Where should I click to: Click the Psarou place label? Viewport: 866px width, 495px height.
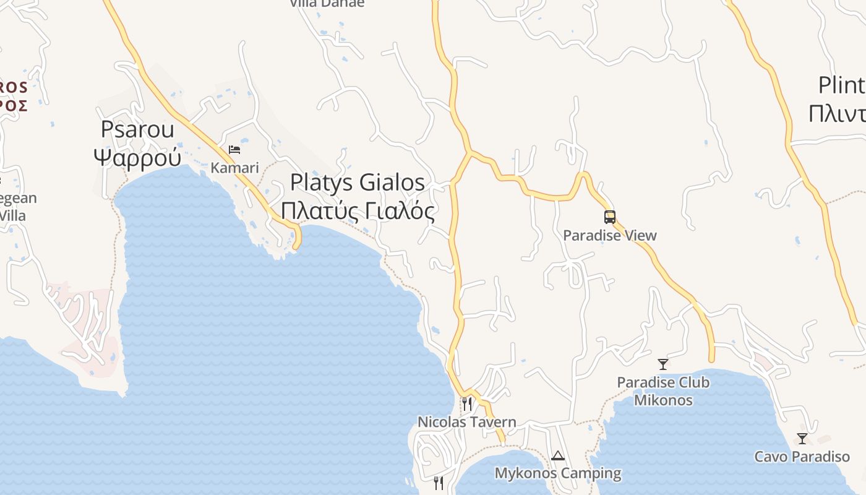137,130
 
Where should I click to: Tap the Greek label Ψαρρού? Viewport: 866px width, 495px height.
137,157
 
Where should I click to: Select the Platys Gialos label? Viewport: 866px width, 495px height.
358,183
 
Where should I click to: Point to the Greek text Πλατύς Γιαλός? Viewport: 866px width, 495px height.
358,211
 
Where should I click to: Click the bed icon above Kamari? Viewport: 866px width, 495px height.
234,150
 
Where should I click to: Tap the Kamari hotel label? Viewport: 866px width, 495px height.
234,168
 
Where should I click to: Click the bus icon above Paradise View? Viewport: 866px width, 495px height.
610,217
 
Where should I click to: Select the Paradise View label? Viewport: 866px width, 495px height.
610,235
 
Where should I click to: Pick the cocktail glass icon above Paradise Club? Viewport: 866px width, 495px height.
663,364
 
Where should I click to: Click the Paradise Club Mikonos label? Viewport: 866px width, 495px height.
663,391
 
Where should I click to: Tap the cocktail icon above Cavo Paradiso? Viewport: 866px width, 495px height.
802,439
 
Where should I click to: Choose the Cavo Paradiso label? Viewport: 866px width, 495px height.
802,457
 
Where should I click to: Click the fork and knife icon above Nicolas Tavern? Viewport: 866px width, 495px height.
467,404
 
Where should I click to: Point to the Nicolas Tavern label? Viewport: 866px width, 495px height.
467,422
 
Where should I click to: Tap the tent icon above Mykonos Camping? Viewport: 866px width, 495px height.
558,456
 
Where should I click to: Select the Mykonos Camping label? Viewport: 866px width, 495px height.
558,473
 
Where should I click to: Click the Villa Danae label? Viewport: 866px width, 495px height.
327,4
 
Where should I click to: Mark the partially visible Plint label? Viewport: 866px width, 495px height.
841,85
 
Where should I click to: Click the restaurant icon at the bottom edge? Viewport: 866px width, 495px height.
439,483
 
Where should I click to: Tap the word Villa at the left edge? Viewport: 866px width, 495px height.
12,215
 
